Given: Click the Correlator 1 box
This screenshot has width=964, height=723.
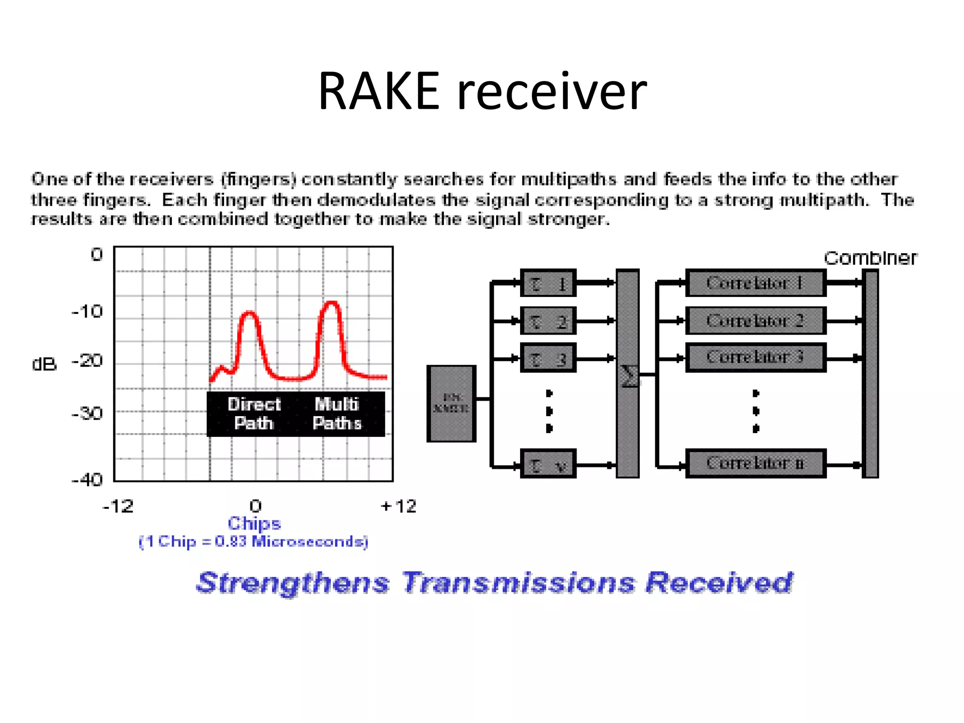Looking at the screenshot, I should [x=755, y=283].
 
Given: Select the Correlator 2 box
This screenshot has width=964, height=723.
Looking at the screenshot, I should [x=755, y=321].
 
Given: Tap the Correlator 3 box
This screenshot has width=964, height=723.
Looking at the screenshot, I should [x=755, y=357].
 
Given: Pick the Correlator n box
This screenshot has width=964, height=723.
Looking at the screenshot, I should [x=755, y=464].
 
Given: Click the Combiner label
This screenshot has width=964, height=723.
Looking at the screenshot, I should [x=870, y=258].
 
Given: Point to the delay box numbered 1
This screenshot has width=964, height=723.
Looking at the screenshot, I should [x=548, y=283].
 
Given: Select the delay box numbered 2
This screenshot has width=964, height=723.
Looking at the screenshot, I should [x=548, y=321].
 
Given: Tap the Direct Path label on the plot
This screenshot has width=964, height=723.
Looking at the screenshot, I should [x=254, y=413].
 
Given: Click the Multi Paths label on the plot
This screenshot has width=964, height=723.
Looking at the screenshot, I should [x=337, y=413].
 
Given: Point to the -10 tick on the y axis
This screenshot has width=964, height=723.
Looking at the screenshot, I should [x=87, y=312].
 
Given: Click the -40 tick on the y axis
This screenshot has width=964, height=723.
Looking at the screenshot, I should [x=87, y=480].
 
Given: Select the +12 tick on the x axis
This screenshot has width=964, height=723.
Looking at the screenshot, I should [x=398, y=506].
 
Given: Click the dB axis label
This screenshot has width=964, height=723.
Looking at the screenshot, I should [x=44, y=364].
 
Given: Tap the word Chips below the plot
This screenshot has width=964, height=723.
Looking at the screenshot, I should [x=254, y=523].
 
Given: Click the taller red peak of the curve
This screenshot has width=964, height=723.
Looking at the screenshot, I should [x=332, y=304].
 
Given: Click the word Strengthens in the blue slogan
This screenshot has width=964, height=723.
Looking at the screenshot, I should [x=293, y=582].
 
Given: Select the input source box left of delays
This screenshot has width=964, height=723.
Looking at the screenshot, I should [x=451, y=404].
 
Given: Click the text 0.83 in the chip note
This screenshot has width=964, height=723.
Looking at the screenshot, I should [x=231, y=541].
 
